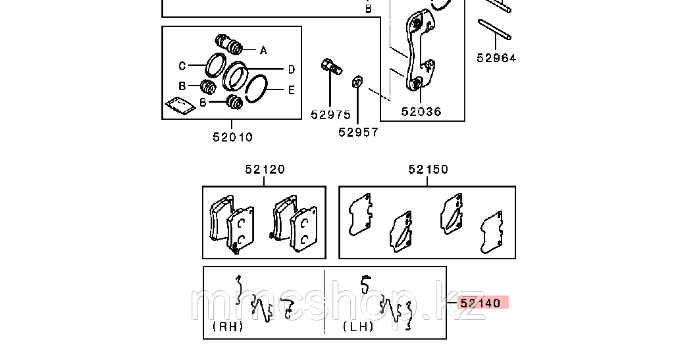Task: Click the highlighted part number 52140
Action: pos(480,303)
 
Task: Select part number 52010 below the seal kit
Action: pos(233,137)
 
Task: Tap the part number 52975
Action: pos(331,115)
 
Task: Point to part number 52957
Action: pos(359,132)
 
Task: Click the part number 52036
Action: pos(421,112)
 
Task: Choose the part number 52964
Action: pos(496,57)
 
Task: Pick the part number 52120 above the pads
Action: pos(265,170)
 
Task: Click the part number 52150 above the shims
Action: pos(428,170)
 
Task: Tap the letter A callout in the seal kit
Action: pos(263,51)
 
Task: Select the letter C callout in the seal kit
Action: pos(182,66)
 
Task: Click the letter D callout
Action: pos(292,69)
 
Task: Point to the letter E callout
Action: pos(292,90)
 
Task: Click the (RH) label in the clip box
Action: pos(228,326)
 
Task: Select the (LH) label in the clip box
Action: pos(358,326)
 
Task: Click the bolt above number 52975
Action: pos(332,66)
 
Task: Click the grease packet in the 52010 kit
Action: pos(180,105)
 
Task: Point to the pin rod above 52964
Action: pos(494,30)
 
